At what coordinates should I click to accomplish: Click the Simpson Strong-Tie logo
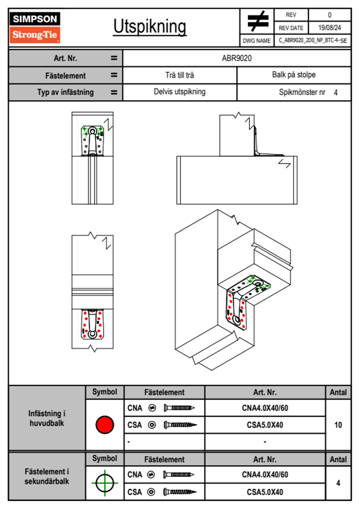[35, 28]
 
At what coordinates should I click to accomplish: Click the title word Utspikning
[150, 27]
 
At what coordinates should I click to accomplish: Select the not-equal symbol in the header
[257, 21]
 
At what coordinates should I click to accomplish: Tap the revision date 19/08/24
[329, 28]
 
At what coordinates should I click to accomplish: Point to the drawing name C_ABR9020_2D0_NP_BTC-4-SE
[313, 41]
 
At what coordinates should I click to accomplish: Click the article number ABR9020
[237, 58]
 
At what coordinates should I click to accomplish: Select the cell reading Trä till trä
[179, 75]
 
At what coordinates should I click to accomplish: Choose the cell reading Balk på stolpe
[293, 75]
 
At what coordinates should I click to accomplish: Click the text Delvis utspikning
[179, 92]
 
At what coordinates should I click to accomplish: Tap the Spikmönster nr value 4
[335, 93]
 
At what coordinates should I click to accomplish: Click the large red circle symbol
[105, 425]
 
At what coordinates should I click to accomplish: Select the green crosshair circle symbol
[105, 483]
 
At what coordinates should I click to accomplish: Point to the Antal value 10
[338, 425]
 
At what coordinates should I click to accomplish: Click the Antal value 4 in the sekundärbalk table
[338, 483]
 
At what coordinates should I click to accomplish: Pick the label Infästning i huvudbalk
[47, 418]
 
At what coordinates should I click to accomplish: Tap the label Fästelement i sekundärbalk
[47, 476]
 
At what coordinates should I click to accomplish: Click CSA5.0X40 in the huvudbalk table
[265, 425]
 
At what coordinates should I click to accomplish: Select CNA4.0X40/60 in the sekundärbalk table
[265, 475]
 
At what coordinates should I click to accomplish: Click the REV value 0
[329, 15]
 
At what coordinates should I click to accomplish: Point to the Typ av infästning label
[65, 92]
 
